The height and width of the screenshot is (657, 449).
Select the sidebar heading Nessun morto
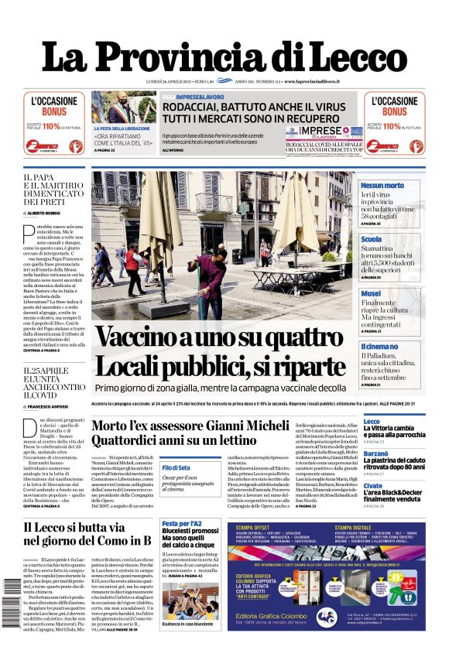[x=382, y=186]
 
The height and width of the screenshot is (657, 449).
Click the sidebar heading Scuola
[x=371, y=240]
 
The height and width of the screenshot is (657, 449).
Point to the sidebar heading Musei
[x=371, y=294]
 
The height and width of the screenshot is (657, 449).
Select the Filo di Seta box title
[x=176, y=468]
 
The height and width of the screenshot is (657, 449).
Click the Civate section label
[x=372, y=485]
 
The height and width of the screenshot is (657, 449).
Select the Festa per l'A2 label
[x=182, y=523]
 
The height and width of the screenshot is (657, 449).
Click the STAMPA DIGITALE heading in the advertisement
[x=353, y=527]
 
